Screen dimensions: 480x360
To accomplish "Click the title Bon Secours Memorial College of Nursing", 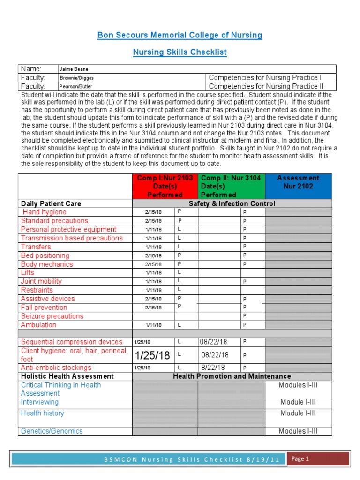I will pyautogui.click(x=180, y=36).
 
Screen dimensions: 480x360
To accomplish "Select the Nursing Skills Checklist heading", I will pyautogui.click(x=180, y=52).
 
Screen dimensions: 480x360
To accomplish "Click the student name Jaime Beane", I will pyautogui.click(x=74, y=69).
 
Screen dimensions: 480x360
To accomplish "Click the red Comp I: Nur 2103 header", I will pyautogui.click(x=165, y=186).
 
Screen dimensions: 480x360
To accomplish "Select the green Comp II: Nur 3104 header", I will pyautogui.click(x=231, y=186).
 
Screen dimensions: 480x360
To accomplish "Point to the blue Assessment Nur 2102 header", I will pyautogui.click(x=298, y=182).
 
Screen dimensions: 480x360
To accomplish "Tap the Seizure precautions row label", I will pyautogui.click(x=52, y=316).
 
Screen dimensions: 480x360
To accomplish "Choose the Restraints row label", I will pyautogui.click(x=37, y=290).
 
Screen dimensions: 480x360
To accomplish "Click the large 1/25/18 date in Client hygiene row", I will pyautogui.click(x=153, y=355).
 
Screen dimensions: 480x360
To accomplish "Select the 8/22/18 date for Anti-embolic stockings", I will pyautogui.click(x=214, y=368).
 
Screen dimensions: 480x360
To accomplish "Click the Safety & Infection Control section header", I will pyautogui.click(x=232, y=203).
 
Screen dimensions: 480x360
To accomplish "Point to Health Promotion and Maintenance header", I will pyautogui.click(x=232, y=376).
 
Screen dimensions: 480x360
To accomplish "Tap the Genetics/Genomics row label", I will pyautogui.click(x=52, y=431).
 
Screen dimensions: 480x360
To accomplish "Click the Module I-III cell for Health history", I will pyautogui.click(x=298, y=413).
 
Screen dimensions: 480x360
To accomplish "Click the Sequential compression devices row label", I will pyautogui.click(x=72, y=342).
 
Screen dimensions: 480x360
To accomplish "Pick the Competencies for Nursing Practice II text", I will pyautogui.click(x=272, y=87).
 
